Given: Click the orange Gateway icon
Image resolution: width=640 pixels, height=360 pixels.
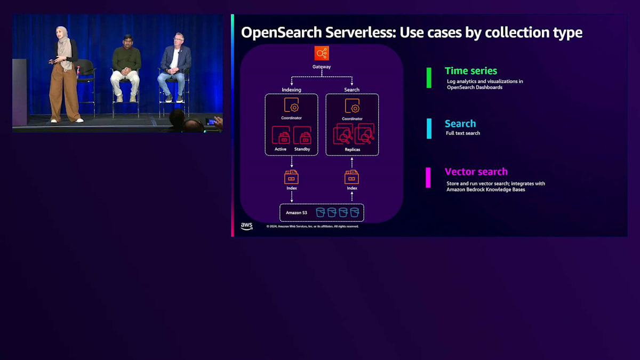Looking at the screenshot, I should (322, 53).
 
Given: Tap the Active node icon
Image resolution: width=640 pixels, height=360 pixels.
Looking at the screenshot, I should (281, 135).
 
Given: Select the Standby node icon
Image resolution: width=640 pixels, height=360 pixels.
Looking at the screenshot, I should (302, 135).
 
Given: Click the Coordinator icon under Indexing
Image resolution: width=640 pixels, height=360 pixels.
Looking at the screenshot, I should (291, 105).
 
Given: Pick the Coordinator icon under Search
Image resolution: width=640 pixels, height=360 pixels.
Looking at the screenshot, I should (352, 105).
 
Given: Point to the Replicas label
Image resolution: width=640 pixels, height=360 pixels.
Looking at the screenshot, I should (352, 150).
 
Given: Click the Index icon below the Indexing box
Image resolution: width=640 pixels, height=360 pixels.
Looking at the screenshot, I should (291, 177).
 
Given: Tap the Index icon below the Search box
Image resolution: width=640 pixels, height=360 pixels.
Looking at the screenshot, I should (352, 177).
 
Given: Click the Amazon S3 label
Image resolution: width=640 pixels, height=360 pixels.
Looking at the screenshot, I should (296, 213).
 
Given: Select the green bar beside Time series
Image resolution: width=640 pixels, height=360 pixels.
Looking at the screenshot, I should (428, 77).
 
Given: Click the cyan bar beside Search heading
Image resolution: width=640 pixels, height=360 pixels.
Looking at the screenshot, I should (429, 129).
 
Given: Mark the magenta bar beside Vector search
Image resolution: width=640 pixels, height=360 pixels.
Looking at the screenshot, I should (428, 178).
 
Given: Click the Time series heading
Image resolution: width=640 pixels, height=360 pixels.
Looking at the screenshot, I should (471, 71).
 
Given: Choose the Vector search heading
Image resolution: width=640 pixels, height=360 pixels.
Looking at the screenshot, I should (476, 172).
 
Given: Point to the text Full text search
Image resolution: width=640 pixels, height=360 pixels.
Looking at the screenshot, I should (463, 133).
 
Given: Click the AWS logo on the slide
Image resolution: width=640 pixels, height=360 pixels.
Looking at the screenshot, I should (246, 226).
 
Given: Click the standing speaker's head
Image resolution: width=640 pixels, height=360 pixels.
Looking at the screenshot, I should (62, 33).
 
